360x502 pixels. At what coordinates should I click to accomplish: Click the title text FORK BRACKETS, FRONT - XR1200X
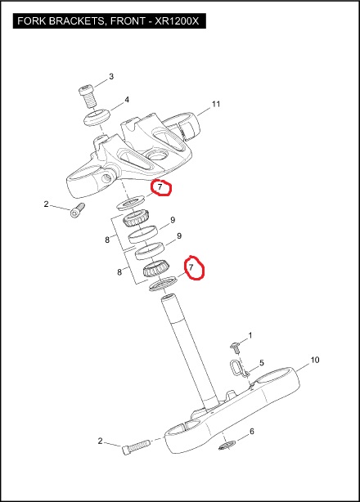[x=108, y=21]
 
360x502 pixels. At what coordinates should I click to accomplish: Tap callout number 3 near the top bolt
[x=111, y=77]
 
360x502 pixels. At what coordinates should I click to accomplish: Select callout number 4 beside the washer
[x=127, y=100]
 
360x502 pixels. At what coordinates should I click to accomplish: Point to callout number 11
[x=216, y=104]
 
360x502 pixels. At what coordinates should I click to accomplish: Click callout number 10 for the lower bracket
[x=315, y=360]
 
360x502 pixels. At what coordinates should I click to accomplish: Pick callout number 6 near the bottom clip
[x=252, y=431]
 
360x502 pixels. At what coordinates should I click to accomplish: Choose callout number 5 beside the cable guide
[x=262, y=363]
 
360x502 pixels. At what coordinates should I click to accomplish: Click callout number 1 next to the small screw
[x=250, y=335]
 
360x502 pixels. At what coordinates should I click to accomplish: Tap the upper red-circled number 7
[x=160, y=186]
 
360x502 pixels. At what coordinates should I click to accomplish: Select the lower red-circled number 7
[x=191, y=267]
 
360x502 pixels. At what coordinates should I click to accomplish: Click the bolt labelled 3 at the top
[x=87, y=96]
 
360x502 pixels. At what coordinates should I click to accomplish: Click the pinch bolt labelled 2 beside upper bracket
[x=78, y=211]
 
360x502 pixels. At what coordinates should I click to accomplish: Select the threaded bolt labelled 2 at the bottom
[x=136, y=446]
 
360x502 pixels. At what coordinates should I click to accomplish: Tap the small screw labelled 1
[x=235, y=347]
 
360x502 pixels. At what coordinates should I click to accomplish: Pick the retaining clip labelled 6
[x=227, y=445]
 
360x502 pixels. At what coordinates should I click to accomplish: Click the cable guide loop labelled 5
[x=237, y=368]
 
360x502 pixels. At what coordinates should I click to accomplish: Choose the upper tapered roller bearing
[x=137, y=217]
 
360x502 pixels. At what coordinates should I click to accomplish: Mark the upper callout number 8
[x=107, y=240]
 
